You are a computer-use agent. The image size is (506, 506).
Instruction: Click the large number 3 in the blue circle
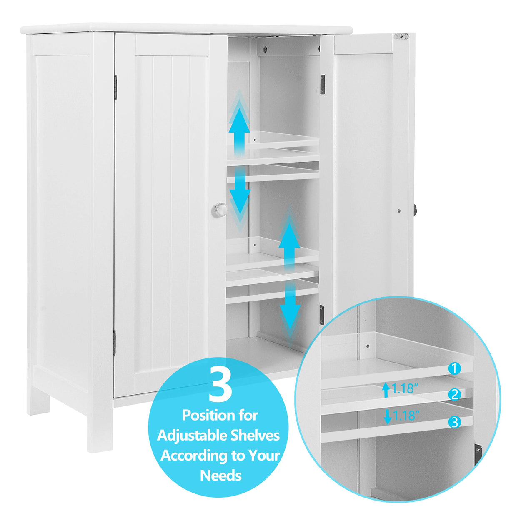coord(220,384)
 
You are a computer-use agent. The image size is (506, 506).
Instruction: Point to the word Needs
coord(220,475)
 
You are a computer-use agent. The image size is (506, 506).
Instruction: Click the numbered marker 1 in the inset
coord(455,368)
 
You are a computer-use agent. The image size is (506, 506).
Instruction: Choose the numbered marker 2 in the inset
coord(455,394)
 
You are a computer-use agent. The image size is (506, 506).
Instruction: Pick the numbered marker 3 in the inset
coord(454,422)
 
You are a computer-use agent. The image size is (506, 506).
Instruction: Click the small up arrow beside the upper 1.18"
coord(386,389)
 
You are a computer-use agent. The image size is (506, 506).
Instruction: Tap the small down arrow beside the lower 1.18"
coord(388,416)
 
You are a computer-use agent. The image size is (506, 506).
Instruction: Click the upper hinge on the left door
coord(115,87)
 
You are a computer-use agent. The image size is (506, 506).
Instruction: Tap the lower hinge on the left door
coord(114,343)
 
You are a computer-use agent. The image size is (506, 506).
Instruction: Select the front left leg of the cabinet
coord(100,429)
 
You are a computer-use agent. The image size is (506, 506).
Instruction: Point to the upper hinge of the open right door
coord(322,84)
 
